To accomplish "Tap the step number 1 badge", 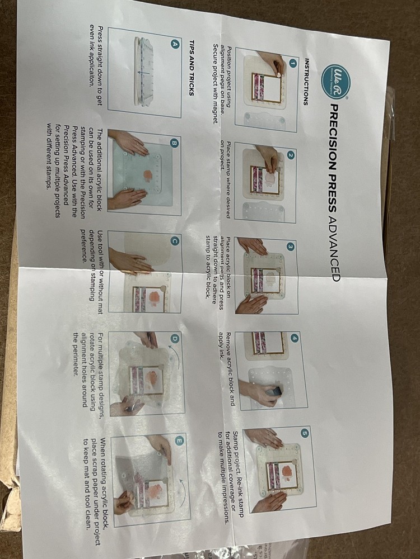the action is pos(293,64).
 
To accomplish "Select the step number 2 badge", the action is pos(291,155).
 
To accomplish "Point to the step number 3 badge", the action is pos(291,247).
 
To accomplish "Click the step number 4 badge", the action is pos(295,339).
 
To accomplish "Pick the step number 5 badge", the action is pos(304,433).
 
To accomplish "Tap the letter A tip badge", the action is pos(175,44).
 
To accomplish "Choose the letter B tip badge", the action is pos(175,143).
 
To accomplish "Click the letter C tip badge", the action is pos(175,241).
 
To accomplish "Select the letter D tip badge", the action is pos(175,339).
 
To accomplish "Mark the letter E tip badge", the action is pos(179,441).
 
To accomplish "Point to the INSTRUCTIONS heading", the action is pos(306,82).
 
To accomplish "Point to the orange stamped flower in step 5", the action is pos(287,473).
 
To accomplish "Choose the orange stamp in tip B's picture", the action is pos(148,176).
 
